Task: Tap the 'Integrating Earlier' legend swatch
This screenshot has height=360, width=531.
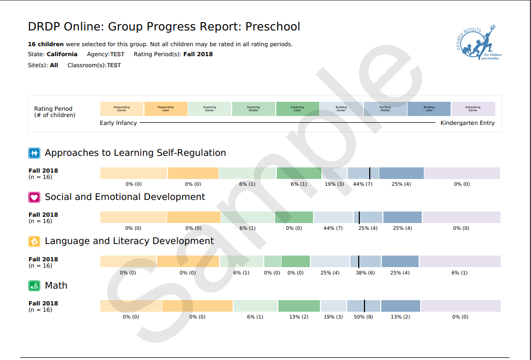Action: pos(473,109)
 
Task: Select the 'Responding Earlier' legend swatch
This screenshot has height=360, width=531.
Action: pos(122,109)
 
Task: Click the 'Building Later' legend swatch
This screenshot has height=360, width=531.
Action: pos(429,109)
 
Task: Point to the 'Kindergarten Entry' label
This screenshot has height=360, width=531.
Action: pos(467,123)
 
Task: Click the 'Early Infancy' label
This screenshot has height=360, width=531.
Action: pos(118,123)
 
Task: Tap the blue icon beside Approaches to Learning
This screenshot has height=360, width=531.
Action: pos(34,153)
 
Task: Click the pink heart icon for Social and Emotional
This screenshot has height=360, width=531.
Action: pos(34,197)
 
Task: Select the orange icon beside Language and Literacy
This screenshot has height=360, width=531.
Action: pos(34,241)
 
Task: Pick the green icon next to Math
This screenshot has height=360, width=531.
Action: pos(34,286)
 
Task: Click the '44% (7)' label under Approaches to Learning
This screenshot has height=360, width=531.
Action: pos(362,184)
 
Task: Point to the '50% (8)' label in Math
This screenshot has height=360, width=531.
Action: pos(363,317)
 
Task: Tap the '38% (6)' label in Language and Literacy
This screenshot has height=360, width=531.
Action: pos(365,273)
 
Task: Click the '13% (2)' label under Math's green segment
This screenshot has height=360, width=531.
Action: pos(299,317)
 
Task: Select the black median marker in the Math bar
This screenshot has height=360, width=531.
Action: pos(365,306)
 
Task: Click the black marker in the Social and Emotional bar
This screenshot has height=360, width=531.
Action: pos(359,217)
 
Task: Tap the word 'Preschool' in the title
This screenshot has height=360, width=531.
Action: pos(273,27)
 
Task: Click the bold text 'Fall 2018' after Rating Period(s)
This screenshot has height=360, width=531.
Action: pos(198,54)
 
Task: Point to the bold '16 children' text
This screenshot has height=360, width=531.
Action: pos(46,44)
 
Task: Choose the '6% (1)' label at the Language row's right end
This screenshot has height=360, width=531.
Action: pos(460,273)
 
